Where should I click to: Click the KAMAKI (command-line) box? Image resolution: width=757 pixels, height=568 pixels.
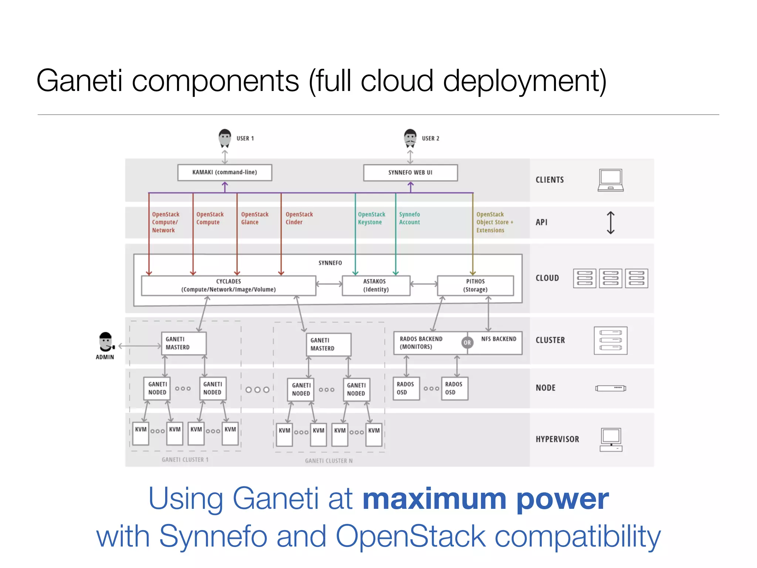point(224,172)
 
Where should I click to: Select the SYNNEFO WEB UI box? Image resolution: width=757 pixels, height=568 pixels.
point(410,173)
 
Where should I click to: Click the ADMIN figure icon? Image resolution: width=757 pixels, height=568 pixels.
point(106,342)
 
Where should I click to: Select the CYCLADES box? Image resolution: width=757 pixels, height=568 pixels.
point(228,285)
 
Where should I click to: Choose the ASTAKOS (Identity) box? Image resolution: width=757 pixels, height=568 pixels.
point(376,285)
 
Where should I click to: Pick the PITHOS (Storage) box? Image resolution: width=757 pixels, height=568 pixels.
point(475,285)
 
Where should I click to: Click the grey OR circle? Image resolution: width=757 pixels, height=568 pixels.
point(467,343)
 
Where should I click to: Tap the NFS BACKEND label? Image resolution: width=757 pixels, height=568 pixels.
point(498,339)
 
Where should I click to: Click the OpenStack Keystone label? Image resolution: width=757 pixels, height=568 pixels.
point(371,218)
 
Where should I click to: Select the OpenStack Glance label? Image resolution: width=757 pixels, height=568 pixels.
point(254,218)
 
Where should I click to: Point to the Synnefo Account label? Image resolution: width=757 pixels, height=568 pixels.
point(409,218)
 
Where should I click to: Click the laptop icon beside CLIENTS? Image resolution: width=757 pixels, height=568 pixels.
point(610,180)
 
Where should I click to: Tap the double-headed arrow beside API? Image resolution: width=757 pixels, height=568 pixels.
point(610,223)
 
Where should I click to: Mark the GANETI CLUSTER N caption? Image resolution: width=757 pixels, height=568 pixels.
point(328,461)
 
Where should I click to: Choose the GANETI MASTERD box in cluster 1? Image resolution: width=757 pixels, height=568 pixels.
point(184,343)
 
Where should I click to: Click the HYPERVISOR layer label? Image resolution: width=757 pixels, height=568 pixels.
point(557,439)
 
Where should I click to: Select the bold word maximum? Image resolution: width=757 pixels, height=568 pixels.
point(434,499)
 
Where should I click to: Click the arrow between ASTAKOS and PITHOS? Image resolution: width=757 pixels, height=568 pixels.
point(424,284)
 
